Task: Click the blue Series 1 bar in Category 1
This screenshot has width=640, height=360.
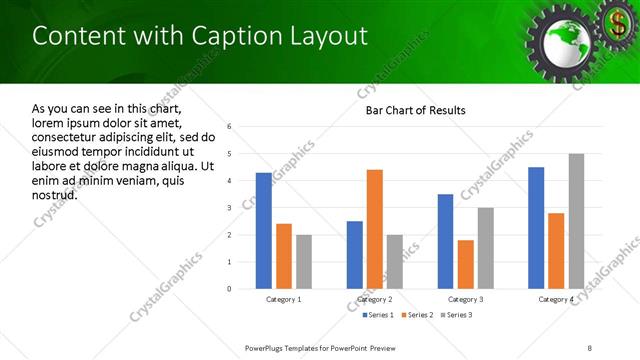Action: tap(263, 231)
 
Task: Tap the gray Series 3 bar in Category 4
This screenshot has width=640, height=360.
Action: tap(576, 221)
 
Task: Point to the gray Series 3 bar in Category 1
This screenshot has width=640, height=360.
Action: tap(304, 262)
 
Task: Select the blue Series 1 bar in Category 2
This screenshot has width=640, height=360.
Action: tap(355, 255)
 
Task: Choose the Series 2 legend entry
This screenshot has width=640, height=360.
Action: tap(417, 316)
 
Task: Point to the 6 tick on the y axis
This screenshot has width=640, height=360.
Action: tap(230, 127)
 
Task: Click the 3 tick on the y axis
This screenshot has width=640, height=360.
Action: tap(230, 208)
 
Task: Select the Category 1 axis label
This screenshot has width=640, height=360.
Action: tap(284, 299)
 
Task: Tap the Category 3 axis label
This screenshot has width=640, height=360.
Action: tap(465, 299)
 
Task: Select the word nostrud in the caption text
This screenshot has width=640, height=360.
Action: tap(54, 194)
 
